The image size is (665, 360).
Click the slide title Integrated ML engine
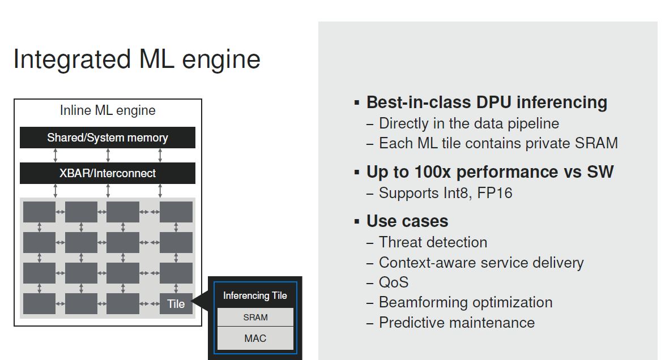pos(137,59)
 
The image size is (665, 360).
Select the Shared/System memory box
pos(107,138)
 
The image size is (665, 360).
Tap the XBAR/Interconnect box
pos(107,173)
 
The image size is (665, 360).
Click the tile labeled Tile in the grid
pos(176,303)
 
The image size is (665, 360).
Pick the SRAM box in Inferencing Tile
pos(255,317)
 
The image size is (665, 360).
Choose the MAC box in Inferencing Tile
pos(255,338)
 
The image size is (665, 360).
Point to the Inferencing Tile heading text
pos(255,295)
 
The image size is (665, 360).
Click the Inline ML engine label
pos(108,110)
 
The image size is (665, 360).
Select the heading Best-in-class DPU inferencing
pos(487,102)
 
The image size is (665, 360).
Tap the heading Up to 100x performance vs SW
pos(490,172)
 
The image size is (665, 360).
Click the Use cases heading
pos(407,221)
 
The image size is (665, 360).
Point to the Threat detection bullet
pos(433,242)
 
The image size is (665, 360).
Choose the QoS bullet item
pos(394,282)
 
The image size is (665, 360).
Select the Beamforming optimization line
pos(466,302)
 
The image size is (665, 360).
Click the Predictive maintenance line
pos(457,323)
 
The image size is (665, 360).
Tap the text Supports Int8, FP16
pos(445,194)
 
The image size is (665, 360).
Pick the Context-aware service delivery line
pos(481,263)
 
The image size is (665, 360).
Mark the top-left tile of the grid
pos(39,212)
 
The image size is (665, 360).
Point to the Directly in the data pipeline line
pos(468,123)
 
